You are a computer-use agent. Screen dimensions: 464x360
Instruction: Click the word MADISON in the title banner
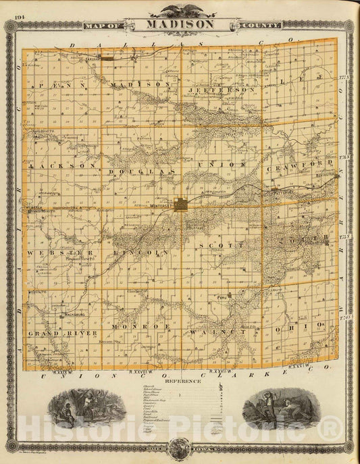179,24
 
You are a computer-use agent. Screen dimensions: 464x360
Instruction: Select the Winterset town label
163,200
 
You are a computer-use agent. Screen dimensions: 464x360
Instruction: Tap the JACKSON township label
56,165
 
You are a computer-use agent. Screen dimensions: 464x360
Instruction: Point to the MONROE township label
130,326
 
